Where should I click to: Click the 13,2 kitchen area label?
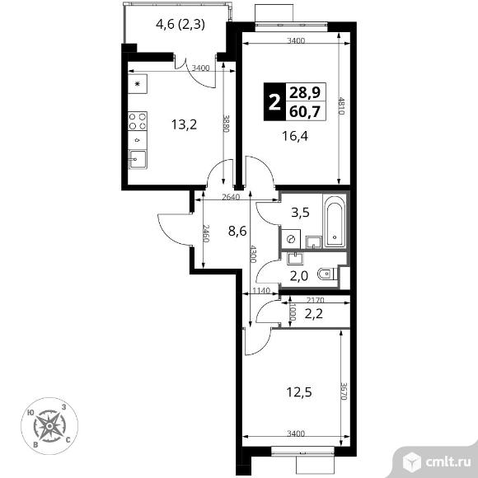(x=184, y=124)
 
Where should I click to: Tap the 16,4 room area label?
(x=295, y=136)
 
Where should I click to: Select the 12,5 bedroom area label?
(x=299, y=392)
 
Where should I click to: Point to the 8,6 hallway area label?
(x=237, y=231)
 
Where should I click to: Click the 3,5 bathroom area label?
(x=300, y=212)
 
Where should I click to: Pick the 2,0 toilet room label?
(x=298, y=276)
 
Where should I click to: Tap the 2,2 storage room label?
(x=314, y=313)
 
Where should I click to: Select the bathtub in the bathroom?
(x=335, y=222)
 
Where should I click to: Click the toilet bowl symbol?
(x=326, y=274)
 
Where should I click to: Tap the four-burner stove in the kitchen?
(x=138, y=121)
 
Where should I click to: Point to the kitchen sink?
(x=137, y=159)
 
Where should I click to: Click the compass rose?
(x=49, y=426)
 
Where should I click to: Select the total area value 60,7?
(x=305, y=111)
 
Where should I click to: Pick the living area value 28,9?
(x=305, y=92)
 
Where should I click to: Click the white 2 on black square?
(x=274, y=102)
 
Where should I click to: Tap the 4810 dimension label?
(x=341, y=105)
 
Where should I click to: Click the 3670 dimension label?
(x=344, y=391)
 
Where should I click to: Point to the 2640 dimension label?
(x=231, y=197)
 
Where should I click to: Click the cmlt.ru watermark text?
(x=448, y=462)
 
